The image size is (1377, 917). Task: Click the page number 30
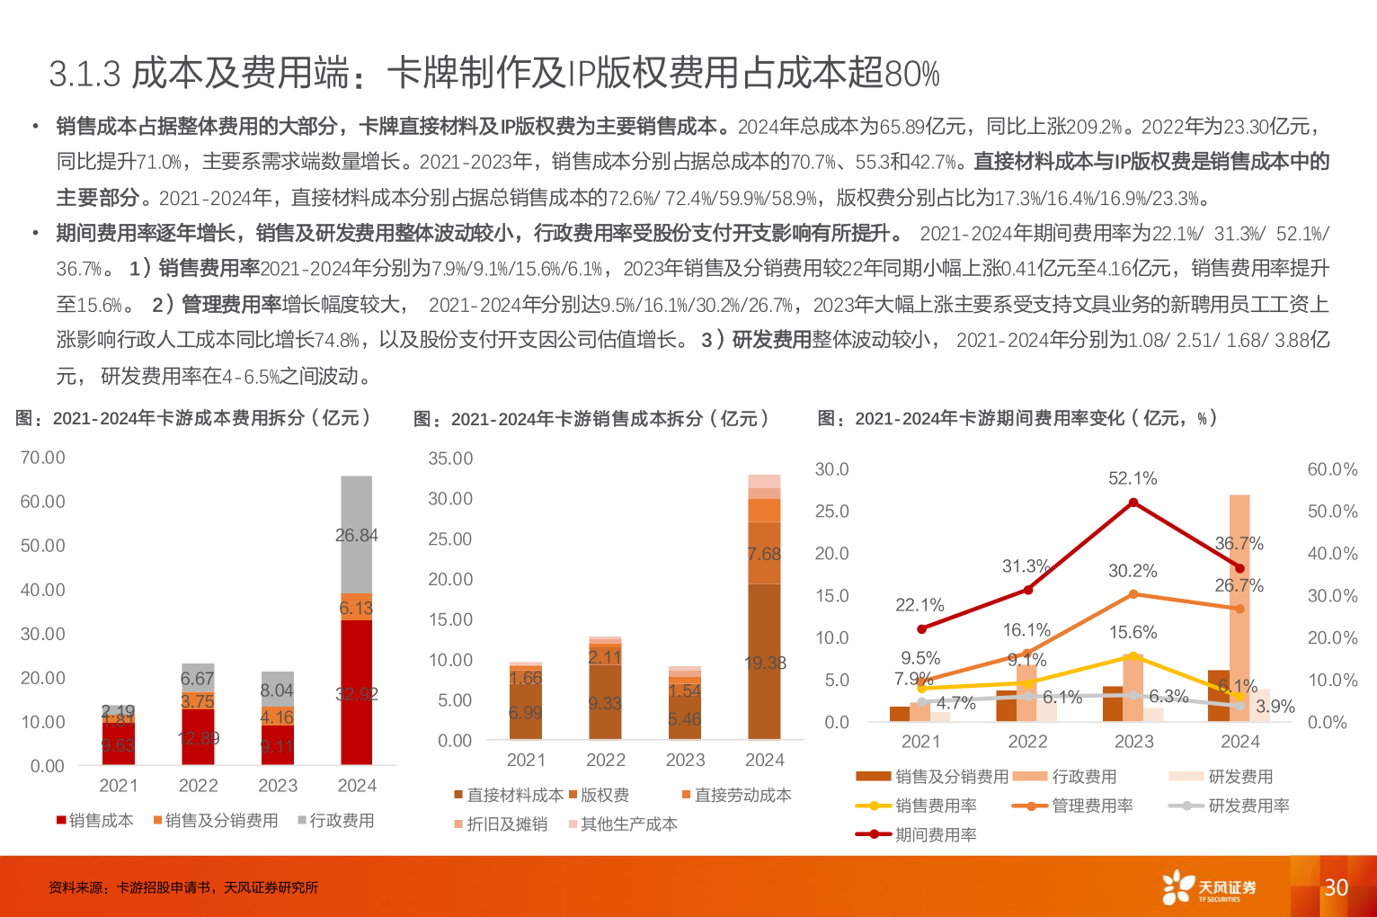[1336, 887]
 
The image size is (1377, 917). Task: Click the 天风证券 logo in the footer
[1209, 887]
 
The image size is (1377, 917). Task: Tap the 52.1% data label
[1133, 478]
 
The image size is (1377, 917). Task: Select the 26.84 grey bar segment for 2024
[357, 534]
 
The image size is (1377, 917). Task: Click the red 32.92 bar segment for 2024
[357, 693]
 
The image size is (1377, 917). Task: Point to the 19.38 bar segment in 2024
[765, 662]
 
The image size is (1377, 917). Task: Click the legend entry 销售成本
[95, 821]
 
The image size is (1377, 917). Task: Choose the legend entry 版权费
[600, 795]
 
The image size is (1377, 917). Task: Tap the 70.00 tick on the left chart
[43, 458]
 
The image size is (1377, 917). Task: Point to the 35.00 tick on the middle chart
[450, 458]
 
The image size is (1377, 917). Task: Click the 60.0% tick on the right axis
[1332, 469]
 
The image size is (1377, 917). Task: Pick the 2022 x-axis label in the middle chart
[606, 761]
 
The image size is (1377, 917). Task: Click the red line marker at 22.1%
[921, 629]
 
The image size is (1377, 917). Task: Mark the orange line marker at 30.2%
[1133, 594]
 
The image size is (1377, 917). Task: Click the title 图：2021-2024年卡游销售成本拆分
[591, 418]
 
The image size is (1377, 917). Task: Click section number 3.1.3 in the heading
[84, 74]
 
